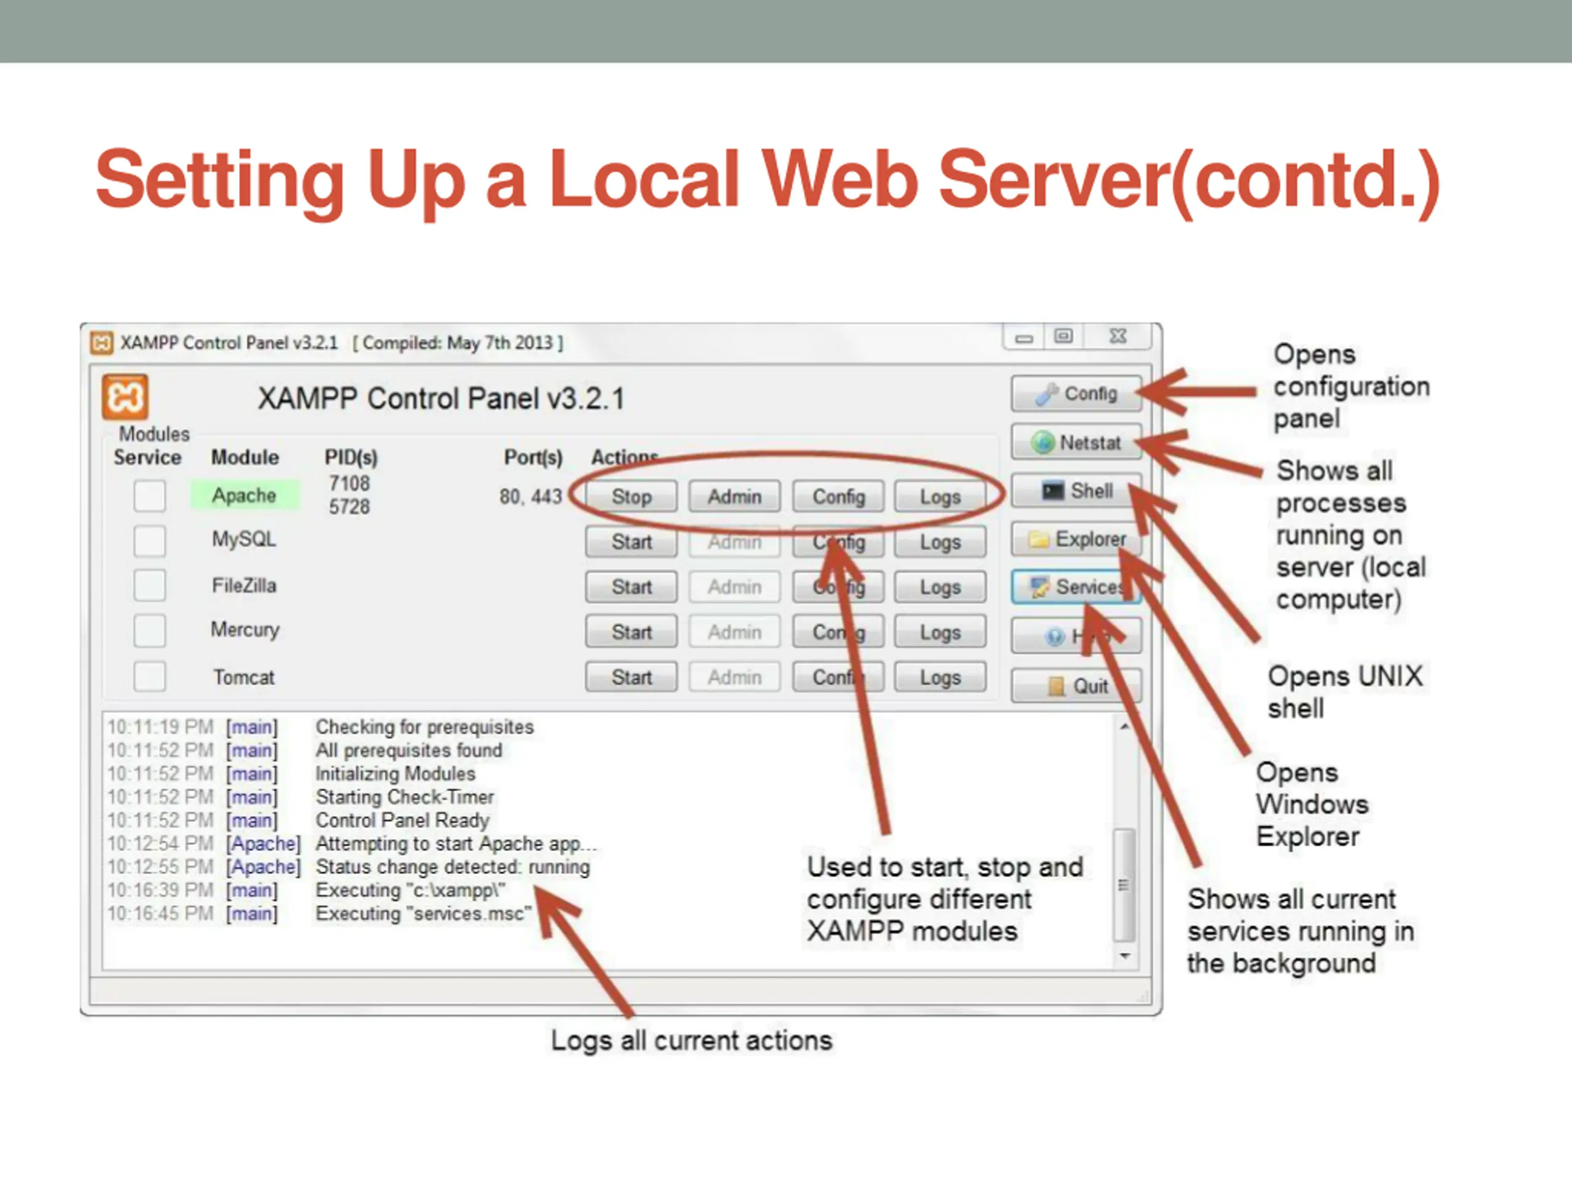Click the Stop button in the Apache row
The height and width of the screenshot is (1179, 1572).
pyautogui.click(x=631, y=496)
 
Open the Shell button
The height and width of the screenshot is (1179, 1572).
pyautogui.click(x=1076, y=491)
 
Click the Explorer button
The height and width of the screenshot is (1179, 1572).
pyautogui.click(x=1076, y=539)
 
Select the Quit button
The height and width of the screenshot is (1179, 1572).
pyautogui.click(x=1076, y=686)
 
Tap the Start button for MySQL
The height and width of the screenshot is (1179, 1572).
pyautogui.click(x=631, y=542)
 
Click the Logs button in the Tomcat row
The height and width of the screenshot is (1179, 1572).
pyautogui.click(x=940, y=677)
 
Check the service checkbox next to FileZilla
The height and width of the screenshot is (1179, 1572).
pyautogui.click(x=149, y=586)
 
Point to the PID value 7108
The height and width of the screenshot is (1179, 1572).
pyautogui.click(x=349, y=483)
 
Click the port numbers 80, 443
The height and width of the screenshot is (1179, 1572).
pyautogui.click(x=530, y=496)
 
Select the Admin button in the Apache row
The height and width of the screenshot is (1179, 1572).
pyautogui.click(x=734, y=496)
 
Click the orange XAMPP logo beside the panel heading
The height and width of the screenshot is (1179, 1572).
pyautogui.click(x=125, y=397)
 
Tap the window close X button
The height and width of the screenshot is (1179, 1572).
pyautogui.click(x=1118, y=336)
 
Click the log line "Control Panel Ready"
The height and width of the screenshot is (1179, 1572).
pyautogui.click(x=402, y=820)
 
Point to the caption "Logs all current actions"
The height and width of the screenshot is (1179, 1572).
pyautogui.click(x=691, y=1040)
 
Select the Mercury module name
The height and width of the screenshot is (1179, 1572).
pyautogui.click(x=245, y=629)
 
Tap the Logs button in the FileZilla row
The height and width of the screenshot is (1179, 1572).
pyautogui.click(x=940, y=587)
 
